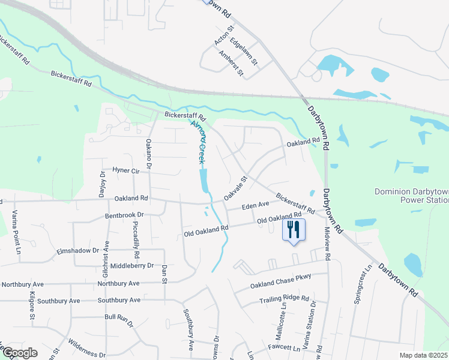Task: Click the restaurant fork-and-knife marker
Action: [x=294, y=230]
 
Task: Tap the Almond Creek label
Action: [x=198, y=142]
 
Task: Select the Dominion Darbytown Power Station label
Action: [x=411, y=196]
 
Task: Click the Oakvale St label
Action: [x=236, y=188]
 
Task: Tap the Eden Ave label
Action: [x=255, y=206]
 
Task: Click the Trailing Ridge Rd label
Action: [x=283, y=299]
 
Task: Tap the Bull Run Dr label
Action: [x=119, y=318]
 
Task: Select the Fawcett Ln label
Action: [x=285, y=348]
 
